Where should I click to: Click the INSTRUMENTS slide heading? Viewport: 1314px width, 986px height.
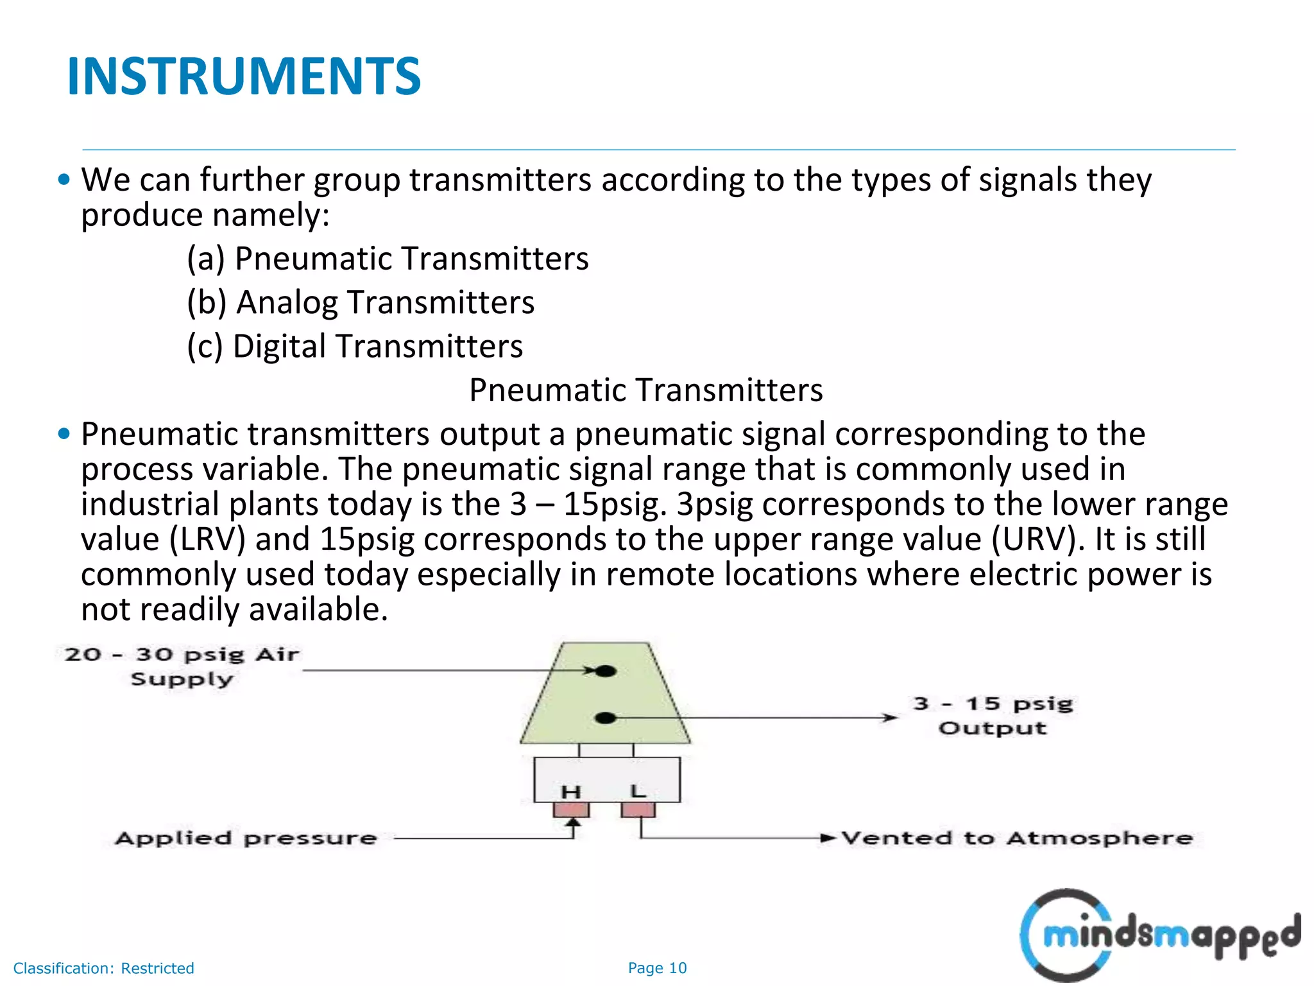[244, 77]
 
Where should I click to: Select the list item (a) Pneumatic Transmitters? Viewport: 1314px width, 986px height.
[388, 259]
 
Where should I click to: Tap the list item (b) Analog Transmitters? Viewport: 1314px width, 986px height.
[361, 302]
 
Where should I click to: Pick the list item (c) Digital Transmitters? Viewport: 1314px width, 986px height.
[355, 346]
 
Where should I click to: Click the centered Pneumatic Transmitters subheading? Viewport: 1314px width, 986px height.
[645, 390]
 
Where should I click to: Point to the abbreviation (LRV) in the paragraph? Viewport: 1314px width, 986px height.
[208, 539]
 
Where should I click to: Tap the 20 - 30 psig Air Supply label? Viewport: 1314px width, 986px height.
[182, 666]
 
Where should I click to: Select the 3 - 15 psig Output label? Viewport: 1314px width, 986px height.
[993, 716]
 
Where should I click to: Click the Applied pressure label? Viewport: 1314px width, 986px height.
[246, 838]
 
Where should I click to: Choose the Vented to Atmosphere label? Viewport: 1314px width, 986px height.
[1017, 838]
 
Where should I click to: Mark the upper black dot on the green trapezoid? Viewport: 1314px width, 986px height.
[606, 671]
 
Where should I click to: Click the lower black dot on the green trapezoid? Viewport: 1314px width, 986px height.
[606, 718]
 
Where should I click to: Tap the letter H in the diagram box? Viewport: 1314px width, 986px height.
[571, 792]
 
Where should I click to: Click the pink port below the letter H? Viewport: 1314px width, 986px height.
[571, 810]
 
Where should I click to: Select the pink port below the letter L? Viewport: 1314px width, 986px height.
[638, 809]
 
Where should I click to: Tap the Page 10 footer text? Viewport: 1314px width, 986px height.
[657, 968]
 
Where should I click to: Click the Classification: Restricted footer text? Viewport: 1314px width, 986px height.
[103, 968]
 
